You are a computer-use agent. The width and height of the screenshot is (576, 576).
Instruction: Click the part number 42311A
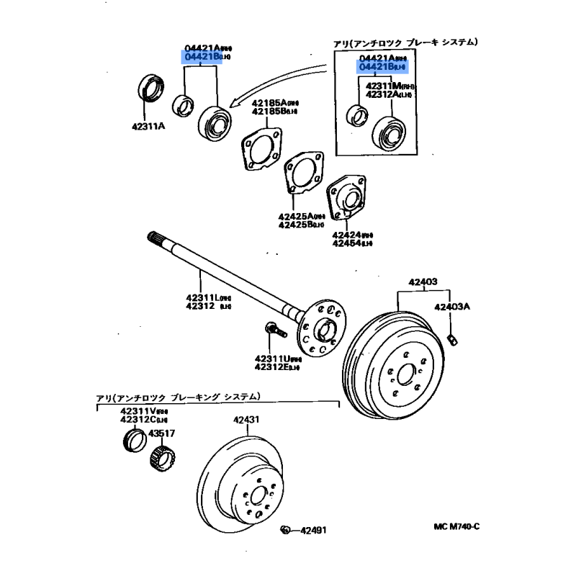point(148,127)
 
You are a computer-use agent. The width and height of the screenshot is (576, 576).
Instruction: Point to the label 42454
point(347,243)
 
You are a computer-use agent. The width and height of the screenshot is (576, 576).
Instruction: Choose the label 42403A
point(451,307)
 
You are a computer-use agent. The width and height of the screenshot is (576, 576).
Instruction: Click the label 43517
point(161,433)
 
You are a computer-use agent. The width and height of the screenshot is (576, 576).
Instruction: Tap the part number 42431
point(246,420)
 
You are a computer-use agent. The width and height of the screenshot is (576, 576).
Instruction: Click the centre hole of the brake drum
point(405,373)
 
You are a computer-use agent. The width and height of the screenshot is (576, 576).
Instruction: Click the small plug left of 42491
point(286,531)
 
